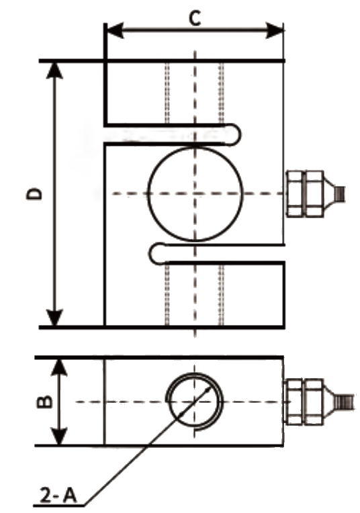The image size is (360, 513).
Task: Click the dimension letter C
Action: [195, 18]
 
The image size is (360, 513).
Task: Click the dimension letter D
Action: [34, 193]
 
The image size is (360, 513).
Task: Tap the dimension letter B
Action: [44, 402]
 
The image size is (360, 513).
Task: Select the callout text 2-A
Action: [58, 495]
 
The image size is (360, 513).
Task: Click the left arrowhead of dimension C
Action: [115, 30]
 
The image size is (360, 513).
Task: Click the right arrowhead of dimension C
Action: [274, 30]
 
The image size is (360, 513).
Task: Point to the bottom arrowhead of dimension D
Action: [54, 318]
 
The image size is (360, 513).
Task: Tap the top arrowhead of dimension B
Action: [59, 367]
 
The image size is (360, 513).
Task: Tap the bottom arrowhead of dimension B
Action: [59, 436]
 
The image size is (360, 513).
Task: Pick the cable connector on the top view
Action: [315, 193]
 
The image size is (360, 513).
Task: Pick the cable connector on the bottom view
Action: [319, 402]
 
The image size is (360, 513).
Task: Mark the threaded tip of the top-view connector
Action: [341, 193]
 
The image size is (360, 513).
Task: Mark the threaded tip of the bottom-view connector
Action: [347, 402]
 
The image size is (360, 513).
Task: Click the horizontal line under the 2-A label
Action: [58, 506]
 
